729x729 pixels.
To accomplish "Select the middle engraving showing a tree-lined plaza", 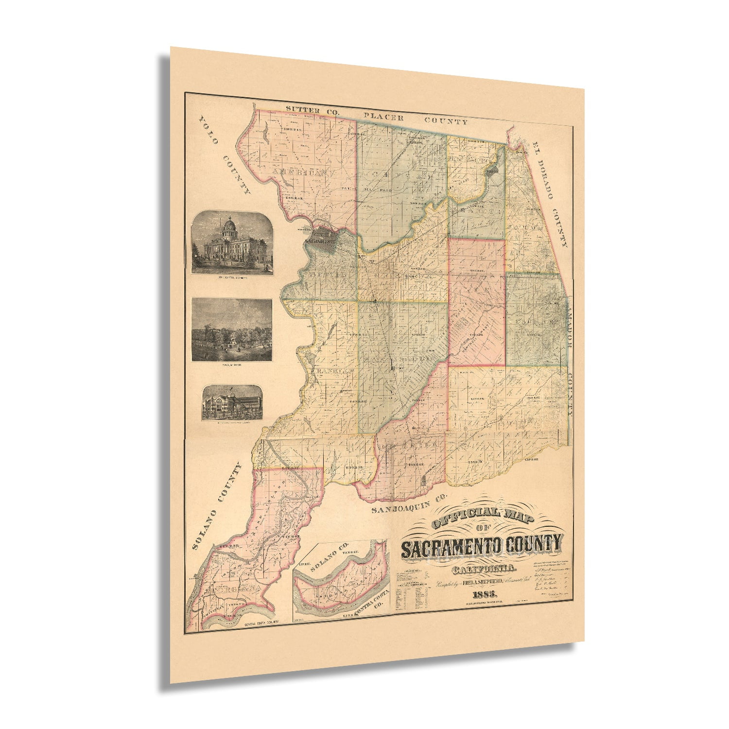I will click(232, 330).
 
